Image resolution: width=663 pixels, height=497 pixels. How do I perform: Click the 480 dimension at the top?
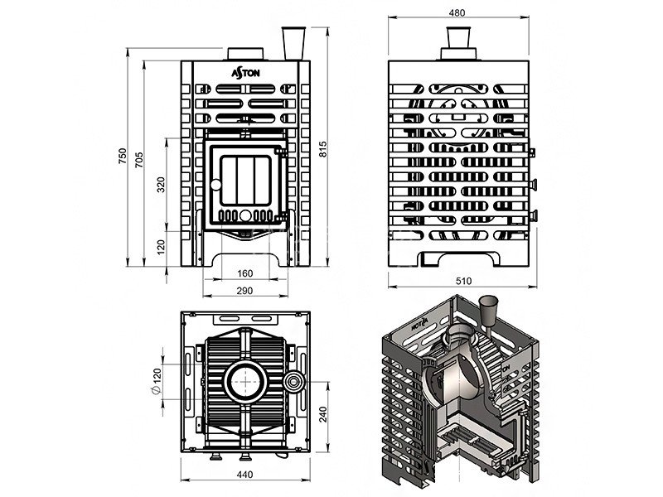pos(457,13)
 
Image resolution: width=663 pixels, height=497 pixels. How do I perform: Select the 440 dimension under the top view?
pos(245,474)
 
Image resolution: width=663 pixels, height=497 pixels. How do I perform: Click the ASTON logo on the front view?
pos(245,74)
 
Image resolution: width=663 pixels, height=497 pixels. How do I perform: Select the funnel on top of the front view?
pos(293,44)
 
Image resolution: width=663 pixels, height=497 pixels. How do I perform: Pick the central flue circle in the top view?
pos(246,382)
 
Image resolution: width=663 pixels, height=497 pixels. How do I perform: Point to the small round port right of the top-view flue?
pos(294,382)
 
